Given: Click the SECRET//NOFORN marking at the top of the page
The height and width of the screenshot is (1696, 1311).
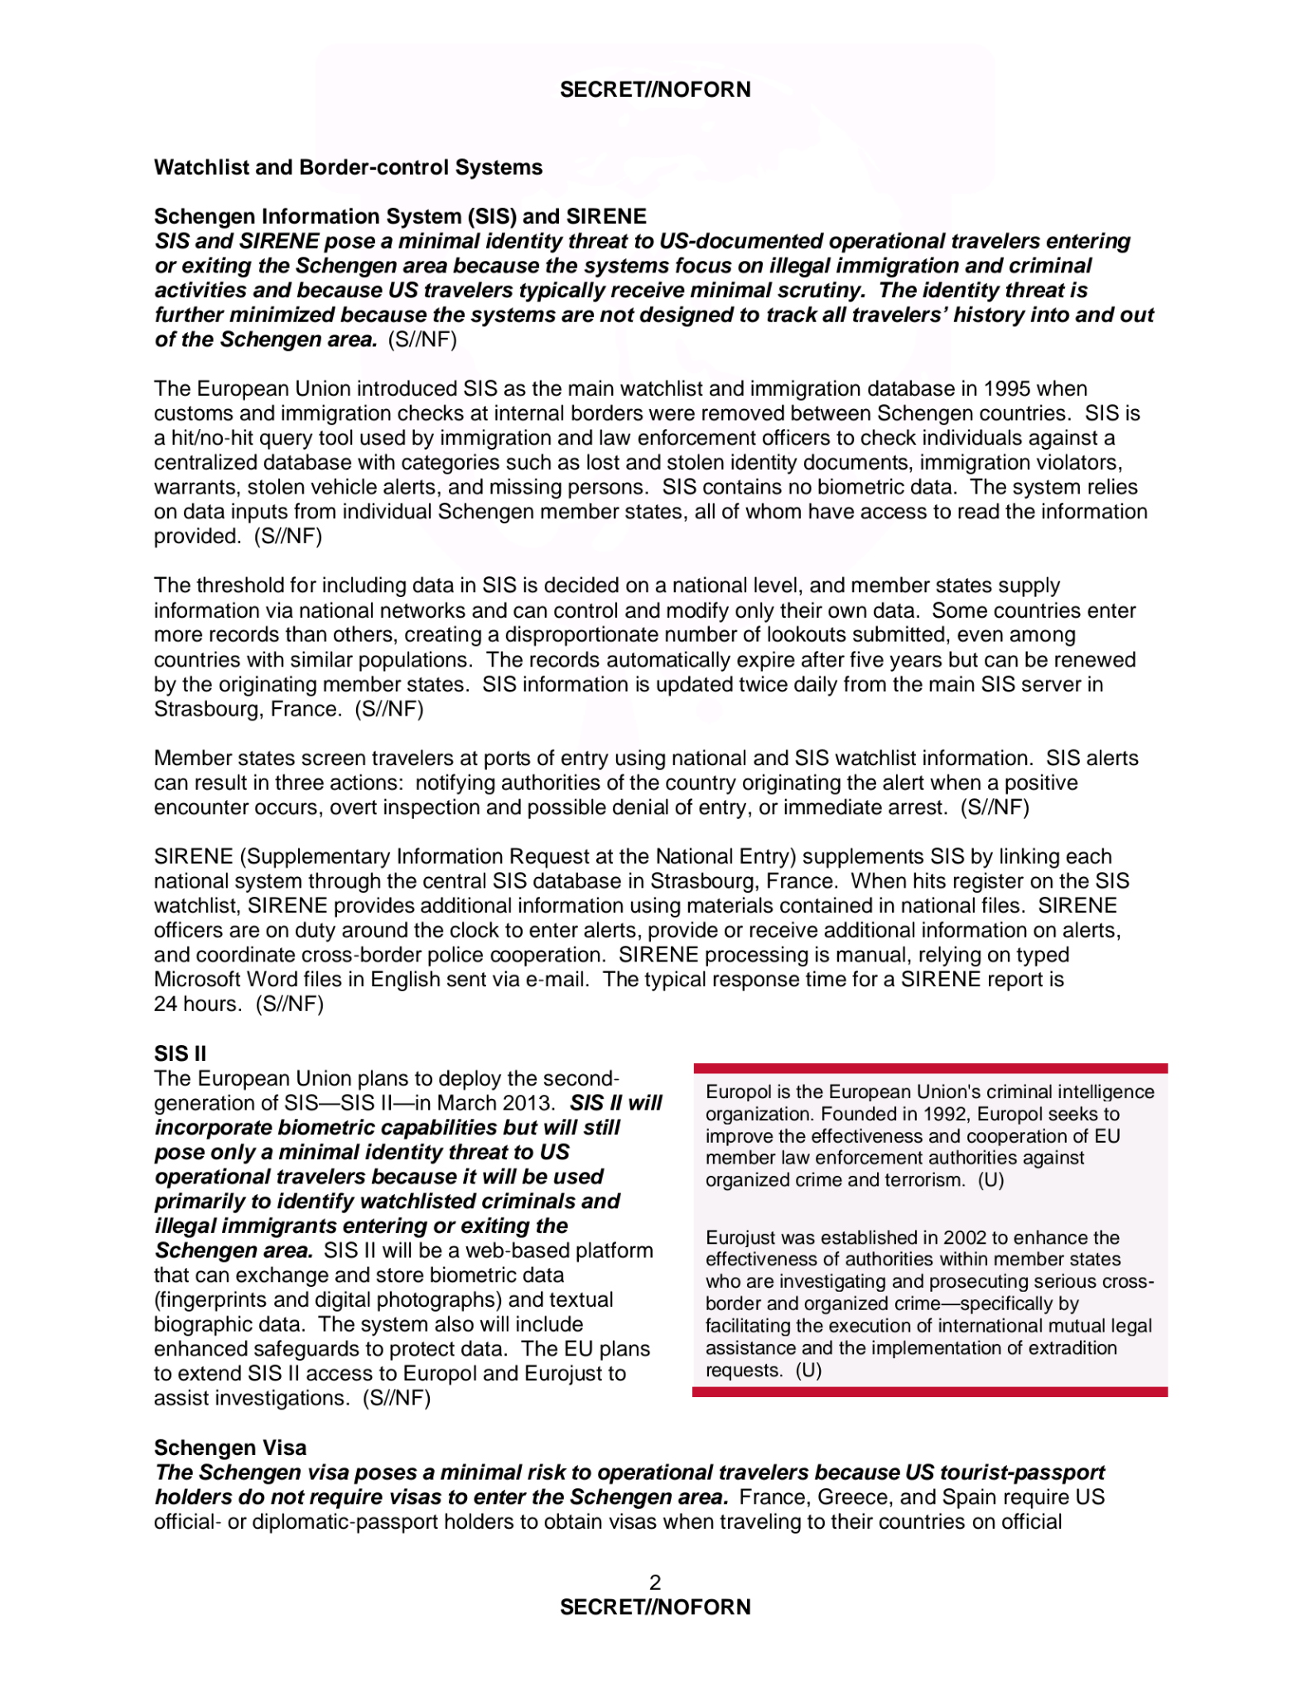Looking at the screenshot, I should click(x=655, y=89).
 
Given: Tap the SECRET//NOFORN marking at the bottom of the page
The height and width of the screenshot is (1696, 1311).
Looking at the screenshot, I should click(x=655, y=1607).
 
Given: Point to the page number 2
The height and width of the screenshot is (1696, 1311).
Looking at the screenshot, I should click(x=655, y=1583).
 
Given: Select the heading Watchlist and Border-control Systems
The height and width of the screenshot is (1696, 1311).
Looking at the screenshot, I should click(x=348, y=167).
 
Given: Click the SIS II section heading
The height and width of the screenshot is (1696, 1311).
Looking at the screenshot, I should click(x=180, y=1053).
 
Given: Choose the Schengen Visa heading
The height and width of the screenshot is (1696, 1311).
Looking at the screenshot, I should click(x=230, y=1448).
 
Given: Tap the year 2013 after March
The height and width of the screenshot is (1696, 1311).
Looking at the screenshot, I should click(x=530, y=1103).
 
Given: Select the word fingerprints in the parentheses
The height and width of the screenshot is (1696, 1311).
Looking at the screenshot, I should click(x=211, y=1300).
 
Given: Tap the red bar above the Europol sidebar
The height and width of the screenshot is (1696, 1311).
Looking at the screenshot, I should click(x=929, y=1068).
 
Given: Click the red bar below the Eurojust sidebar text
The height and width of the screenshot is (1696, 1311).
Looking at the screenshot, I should click(x=929, y=1392).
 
